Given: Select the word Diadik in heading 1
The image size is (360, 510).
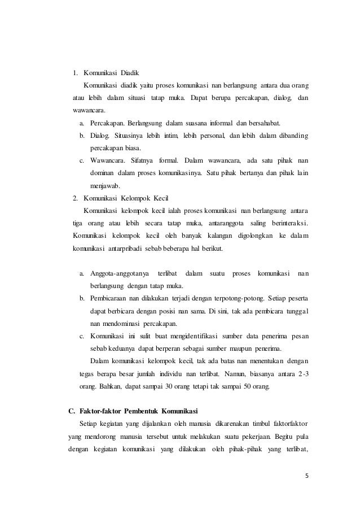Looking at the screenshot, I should point(129,73).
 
